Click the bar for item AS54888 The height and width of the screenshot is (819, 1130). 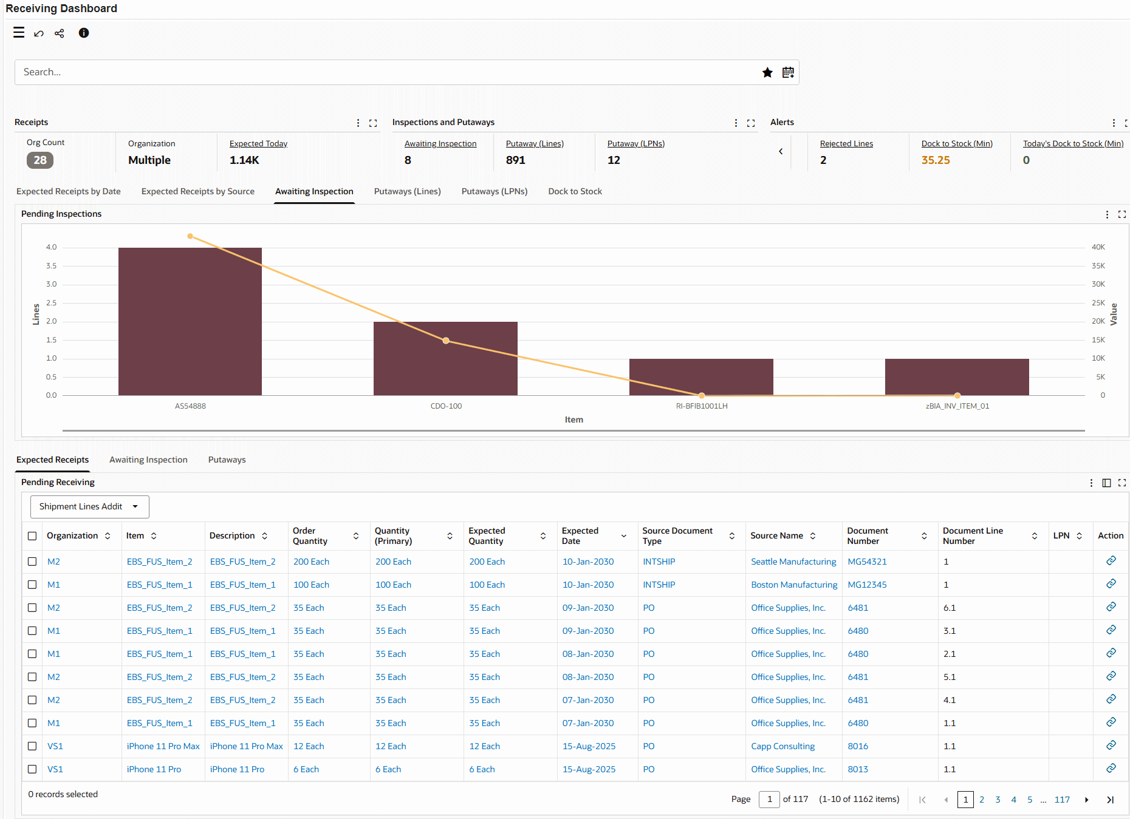[190, 321]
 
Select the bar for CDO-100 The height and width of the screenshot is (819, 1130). [445, 358]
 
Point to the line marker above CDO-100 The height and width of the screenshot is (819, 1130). [446, 341]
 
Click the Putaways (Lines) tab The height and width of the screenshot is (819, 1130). [407, 191]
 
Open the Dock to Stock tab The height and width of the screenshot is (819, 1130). [575, 191]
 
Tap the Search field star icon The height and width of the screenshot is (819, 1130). [767, 73]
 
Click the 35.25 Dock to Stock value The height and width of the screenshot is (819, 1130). [936, 160]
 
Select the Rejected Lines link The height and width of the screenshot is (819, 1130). [846, 144]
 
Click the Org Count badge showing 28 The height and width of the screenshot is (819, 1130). [40, 160]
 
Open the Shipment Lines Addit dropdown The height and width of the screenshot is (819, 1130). [89, 507]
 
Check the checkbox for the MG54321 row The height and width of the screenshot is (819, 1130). [32, 562]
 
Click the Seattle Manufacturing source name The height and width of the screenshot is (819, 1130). [793, 562]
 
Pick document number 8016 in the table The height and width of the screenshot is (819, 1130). [858, 746]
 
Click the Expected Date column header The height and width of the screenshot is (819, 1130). [580, 535]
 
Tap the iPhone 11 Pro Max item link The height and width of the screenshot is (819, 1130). [163, 746]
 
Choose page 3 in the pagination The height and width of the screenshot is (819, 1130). [998, 800]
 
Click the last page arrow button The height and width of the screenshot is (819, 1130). [1110, 800]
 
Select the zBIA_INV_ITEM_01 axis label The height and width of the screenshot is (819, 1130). [957, 406]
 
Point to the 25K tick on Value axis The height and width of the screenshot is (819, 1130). [1098, 303]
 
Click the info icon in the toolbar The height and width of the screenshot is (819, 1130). [84, 33]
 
